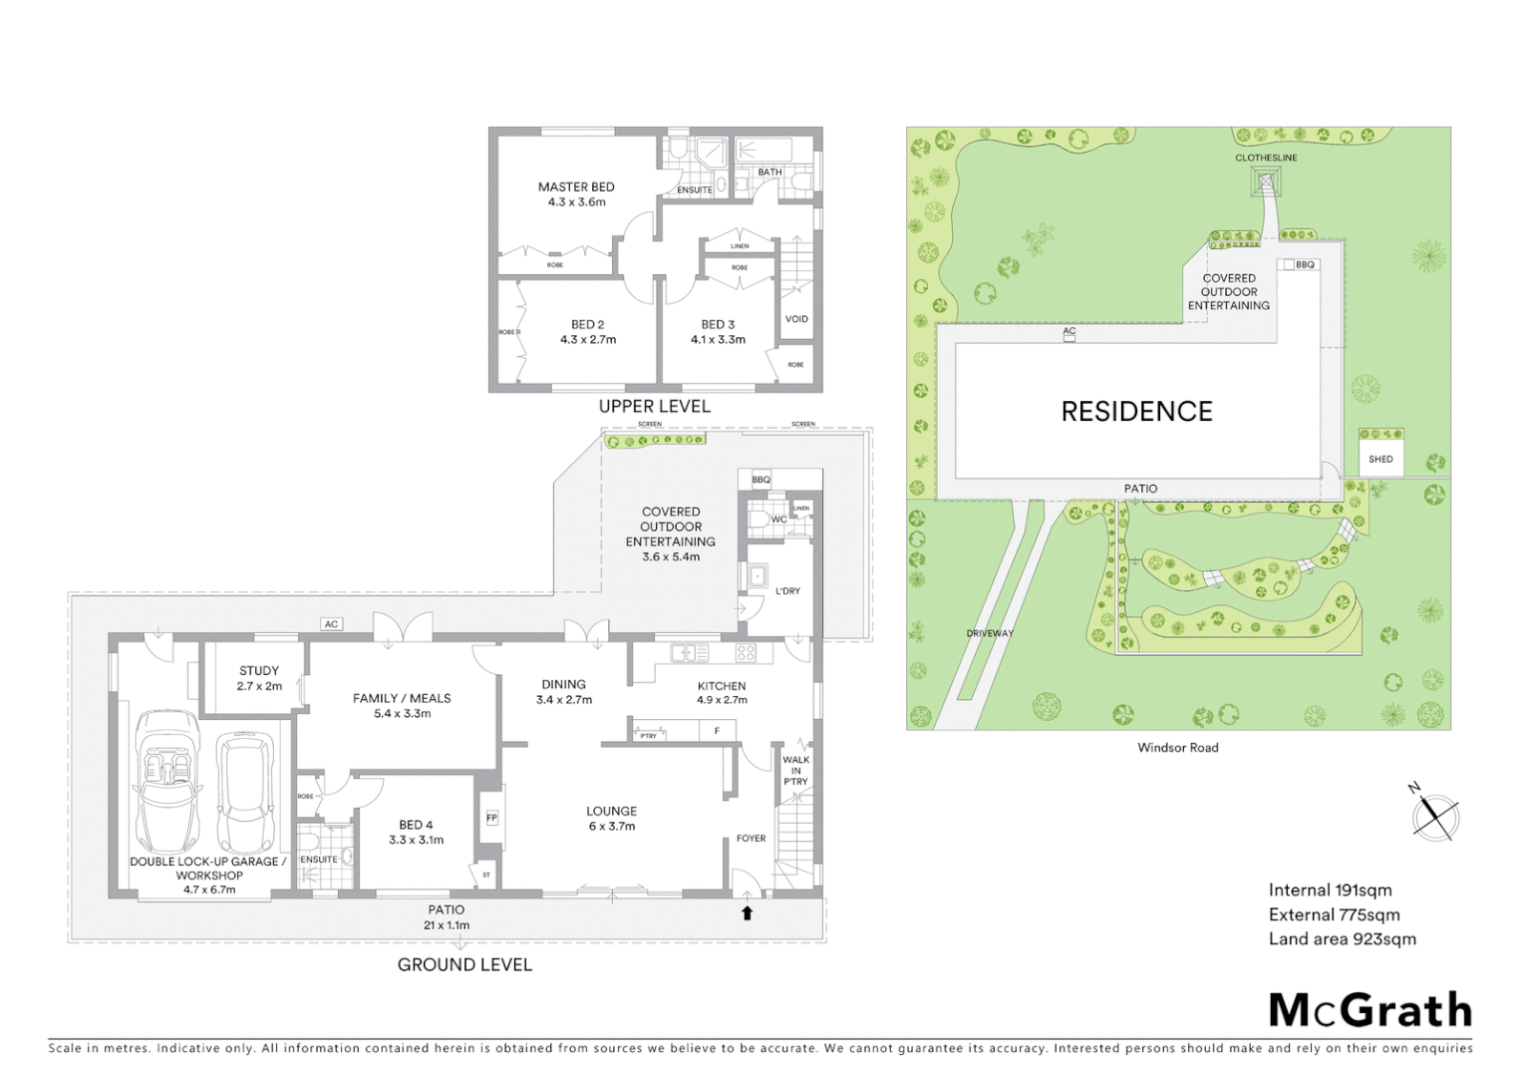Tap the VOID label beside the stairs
coord(796,319)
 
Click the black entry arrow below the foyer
coord(747,912)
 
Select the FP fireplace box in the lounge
coord(491,818)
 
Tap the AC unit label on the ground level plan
coord(332,624)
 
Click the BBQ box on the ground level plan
coord(761,480)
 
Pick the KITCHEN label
coord(722,686)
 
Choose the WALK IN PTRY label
coord(795,770)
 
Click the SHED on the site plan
coord(1380,459)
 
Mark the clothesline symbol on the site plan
coord(1266,181)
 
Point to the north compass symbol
coord(1435,816)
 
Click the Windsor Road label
coord(1177,747)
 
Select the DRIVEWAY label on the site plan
coord(989,633)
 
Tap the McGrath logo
coord(1371,1010)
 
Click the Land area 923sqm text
coord(1342,938)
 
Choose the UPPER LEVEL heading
coord(654,406)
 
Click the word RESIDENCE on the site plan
coord(1136,411)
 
